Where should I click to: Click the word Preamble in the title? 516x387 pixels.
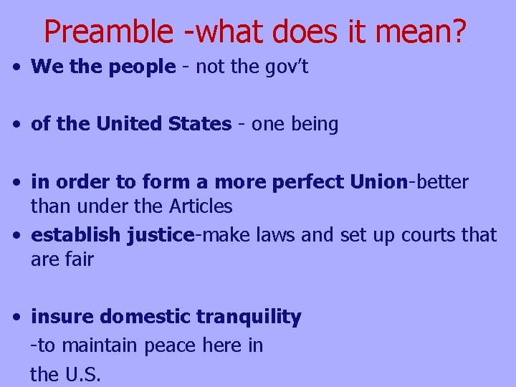[107, 31]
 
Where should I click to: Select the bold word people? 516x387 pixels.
[140, 67]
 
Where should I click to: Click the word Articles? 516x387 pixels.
[201, 206]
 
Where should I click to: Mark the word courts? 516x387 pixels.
[424, 235]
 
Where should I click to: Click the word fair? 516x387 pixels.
[79, 259]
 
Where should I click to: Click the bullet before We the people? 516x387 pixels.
[16, 67]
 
